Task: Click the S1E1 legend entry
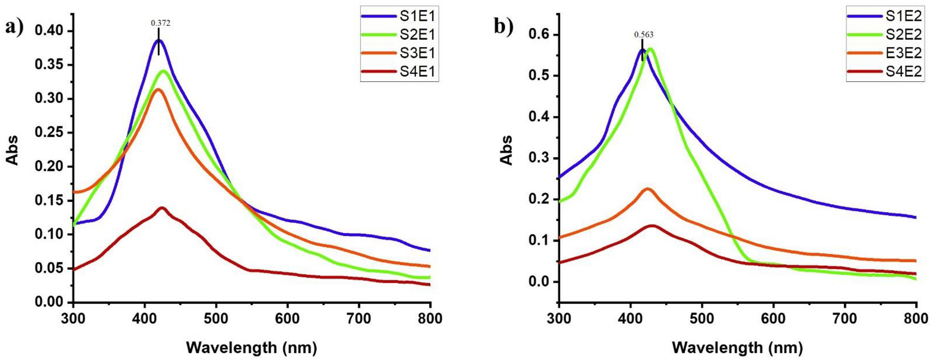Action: click(398, 16)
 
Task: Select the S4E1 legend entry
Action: click(398, 72)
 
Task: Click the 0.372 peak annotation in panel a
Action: click(161, 23)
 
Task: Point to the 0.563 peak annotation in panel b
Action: click(644, 34)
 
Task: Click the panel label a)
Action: click(14, 28)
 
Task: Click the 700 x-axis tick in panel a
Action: click(359, 319)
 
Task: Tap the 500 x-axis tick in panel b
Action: click(702, 319)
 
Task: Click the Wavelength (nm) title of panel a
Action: click(251, 347)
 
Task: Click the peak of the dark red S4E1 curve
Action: click(162, 208)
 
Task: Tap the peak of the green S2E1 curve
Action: click(163, 71)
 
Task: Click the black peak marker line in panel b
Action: click(642, 50)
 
